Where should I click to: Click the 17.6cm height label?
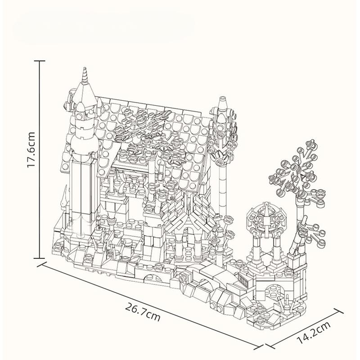(x=31, y=150)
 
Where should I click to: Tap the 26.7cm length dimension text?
(x=143, y=311)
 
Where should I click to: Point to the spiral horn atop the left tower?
(x=85, y=74)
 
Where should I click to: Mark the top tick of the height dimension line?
(x=40, y=61)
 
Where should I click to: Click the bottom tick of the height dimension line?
(x=40, y=258)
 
